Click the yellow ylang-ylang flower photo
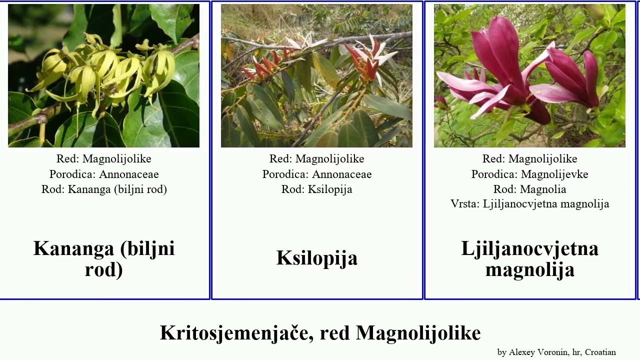click(103, 76)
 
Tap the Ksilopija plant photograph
click(316, 76)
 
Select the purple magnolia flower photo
click(529, 76)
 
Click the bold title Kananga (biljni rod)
click(104, 258)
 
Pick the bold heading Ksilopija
click(317, 258)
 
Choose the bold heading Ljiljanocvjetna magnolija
click(529, 258)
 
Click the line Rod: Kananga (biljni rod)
click(104, 189)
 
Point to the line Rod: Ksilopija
click(317, 189)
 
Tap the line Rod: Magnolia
click(529, 189)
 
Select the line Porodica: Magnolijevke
click(529, 174)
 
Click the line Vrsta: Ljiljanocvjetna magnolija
click(529, 204)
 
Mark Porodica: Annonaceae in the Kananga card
click(104, 174)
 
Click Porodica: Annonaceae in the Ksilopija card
click(317, 174)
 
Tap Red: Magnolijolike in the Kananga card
click(104, 159)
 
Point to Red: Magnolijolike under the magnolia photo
click(529, 159)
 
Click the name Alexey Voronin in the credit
click(538, 352)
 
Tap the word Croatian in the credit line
click(600, 352)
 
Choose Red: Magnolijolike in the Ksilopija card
click(317, 159)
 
